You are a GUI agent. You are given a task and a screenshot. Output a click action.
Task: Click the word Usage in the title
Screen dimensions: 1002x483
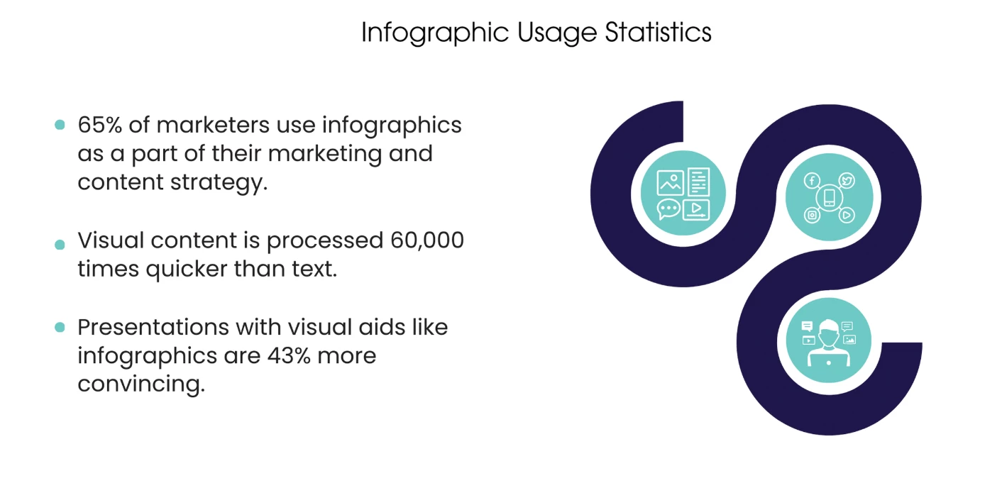[x=557, y=33]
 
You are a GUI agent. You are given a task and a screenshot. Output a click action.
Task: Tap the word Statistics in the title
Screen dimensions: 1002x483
[x=658, y=32]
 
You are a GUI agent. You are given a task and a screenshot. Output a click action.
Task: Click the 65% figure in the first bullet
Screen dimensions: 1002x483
[x=99, y=125]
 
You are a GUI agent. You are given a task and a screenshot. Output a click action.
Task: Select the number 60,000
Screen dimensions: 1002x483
[x=427, y=240]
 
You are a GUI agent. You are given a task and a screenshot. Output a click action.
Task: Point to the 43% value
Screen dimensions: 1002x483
[x=289, y=356]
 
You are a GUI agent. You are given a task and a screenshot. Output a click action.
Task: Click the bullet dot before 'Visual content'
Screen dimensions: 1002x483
[x=60, y=245]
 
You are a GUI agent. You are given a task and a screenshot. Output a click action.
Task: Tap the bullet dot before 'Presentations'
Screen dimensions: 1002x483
[x=60, y=328]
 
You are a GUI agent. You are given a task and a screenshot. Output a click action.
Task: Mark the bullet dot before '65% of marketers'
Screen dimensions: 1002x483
[x=60, y=125]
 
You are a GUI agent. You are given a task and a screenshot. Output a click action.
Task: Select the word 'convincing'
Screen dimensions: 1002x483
[x=141, y=384]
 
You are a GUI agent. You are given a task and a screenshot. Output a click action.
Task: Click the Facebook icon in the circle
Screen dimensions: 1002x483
[x=812, y=181]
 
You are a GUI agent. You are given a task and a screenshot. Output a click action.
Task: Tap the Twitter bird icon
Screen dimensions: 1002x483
[x=847, y=181]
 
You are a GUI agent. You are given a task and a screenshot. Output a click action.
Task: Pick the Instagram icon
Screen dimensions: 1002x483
[x=812, y=215]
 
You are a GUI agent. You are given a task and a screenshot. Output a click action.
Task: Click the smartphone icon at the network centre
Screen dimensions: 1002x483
[x=830, y=198]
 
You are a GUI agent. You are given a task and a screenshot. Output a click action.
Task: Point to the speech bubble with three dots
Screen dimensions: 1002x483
[x=669, y=209]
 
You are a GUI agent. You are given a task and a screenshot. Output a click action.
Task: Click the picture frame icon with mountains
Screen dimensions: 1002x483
[x=670, y=182]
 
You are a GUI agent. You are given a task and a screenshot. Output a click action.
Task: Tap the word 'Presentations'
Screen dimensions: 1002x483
[x=153, y=328]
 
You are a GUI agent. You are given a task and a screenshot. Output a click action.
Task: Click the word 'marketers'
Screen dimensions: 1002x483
[x=213, y=125]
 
